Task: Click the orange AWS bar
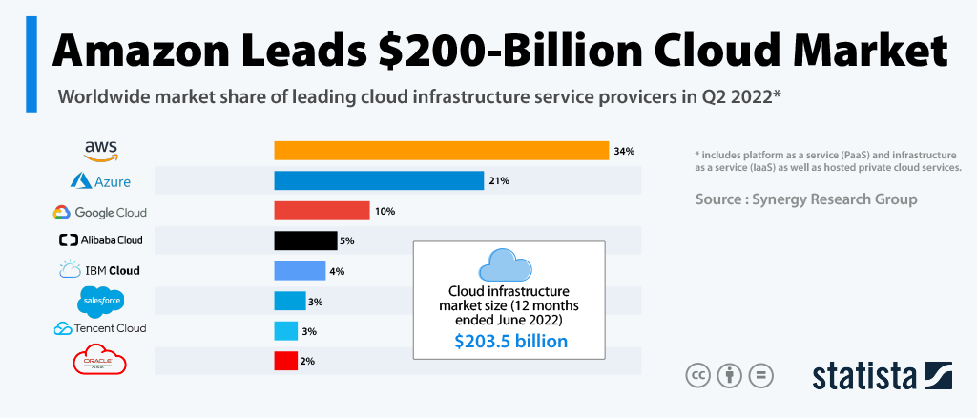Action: (x=441, y=151)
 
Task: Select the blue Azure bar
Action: (x=379, y=180)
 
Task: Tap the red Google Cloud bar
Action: (x=322, y=211)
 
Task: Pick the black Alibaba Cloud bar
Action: (x=305, y=240)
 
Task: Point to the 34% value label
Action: (x=624, y=151)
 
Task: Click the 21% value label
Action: (x=499, y=181)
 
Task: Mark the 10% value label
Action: (x=385, y=211)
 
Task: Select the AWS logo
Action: (x=100, y=150)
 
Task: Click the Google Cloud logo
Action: (x=99, y=212)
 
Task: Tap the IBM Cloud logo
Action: (x=99, y=270)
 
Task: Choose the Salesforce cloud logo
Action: (x=100, y=302)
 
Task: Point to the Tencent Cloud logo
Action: (x=99, y=329)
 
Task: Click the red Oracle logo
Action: (x=100, y=362)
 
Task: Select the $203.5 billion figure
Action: (x=509, y=341)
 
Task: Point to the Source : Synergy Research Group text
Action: (x=806, y=199)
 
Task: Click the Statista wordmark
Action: (x=863, y=375)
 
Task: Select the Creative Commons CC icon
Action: (x=698, y=375)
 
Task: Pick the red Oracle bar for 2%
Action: (x=284, y=362)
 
